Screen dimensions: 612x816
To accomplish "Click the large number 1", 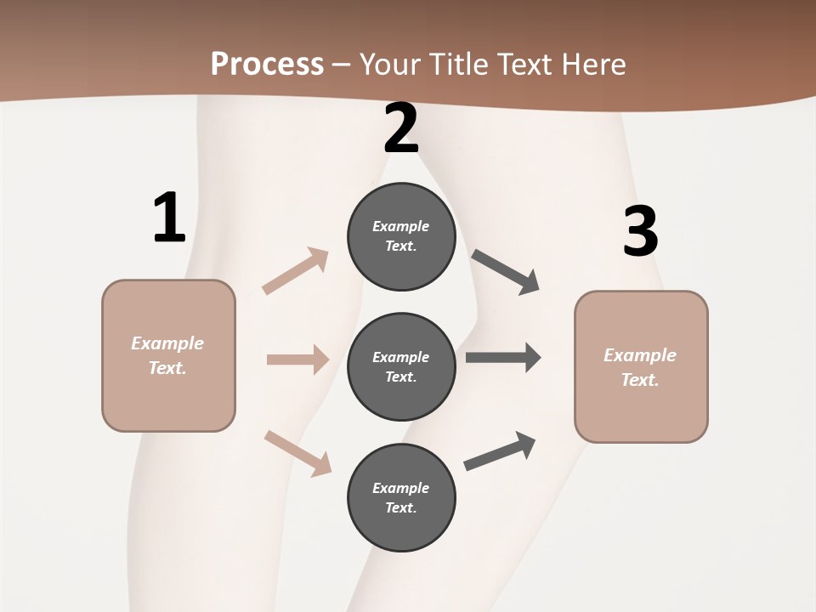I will pyautogui.click(x=169, y=218).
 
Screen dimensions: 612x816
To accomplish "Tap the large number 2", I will pyautogui.click(x=401, y=128).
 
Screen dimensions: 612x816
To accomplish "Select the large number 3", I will pyautogui.click(x=640, y=232).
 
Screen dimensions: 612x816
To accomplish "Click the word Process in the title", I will pyautogui.click(x=267, y=64).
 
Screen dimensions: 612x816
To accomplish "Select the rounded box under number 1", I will pyautogui.click(x=168, y=355).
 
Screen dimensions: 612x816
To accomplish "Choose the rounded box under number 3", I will pyautogui.click(x=641, y=366).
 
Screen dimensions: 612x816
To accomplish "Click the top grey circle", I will pyautogui.click(x=401, y=236).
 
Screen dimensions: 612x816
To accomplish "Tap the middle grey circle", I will pyautogui.click(x=401, y=367).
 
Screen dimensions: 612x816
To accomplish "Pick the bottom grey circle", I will pyautogui.click(x=401, y=498).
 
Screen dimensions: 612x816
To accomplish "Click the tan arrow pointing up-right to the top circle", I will pyautogui.click(x=296, y=271).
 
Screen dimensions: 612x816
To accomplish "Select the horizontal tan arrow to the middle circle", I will pyautogui.click(x=297, y=360).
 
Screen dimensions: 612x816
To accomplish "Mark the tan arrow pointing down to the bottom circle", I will pyautogui.click(x=297, y=453).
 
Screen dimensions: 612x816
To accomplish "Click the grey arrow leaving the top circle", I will pyautogui.click(x=505, y=272).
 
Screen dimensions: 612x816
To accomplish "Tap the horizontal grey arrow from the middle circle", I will pyautogui.click(x=503, y=358).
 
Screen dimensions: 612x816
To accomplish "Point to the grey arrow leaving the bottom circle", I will pyautogui.click(x=500, y=451).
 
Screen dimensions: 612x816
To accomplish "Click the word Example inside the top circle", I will pyautogui.click(x=401, y=226).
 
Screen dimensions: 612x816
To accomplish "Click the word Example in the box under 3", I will pyautogui.click(x=640, y=355).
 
